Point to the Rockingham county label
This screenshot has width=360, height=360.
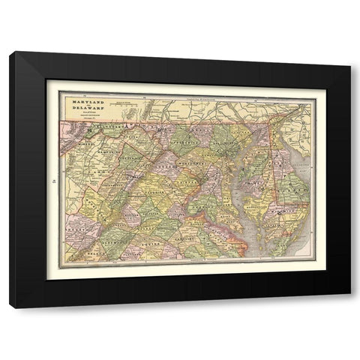[105, 196]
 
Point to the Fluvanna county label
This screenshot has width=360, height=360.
[142, 244]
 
